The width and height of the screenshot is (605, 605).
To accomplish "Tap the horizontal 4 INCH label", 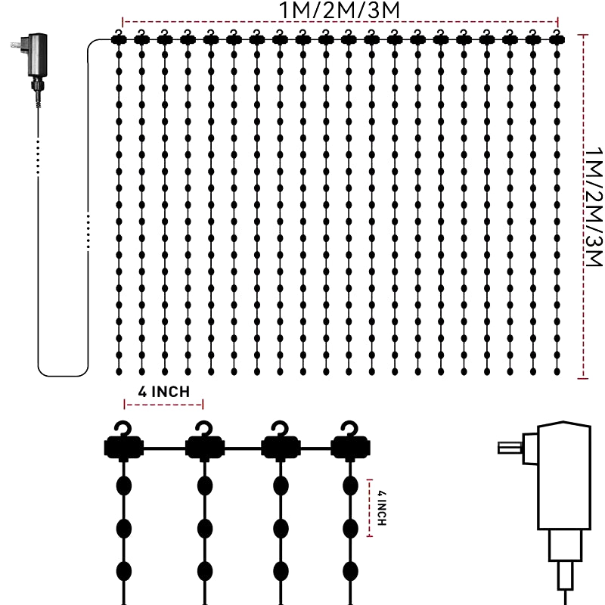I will (163, 392).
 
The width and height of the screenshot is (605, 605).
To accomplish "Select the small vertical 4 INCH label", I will (382, 507).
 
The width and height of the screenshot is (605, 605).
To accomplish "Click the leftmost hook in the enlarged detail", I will (122, 432).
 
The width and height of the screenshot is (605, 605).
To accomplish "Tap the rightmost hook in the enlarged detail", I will (349, 432).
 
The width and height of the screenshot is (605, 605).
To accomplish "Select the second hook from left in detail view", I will (203, 432).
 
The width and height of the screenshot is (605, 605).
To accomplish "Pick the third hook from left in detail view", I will (280, 432).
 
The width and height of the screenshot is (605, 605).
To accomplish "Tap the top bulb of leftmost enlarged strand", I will (124, 485).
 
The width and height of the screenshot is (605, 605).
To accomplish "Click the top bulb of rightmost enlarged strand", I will (350, 485).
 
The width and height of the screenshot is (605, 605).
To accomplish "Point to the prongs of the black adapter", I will (16, 46).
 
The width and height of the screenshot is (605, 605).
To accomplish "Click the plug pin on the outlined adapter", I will (506, 448).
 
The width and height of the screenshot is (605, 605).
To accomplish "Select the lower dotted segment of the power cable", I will (88, 231).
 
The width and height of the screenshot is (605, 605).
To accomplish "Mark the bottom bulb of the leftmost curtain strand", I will (118, 370).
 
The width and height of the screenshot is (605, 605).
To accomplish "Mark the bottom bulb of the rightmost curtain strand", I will (557, 370).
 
